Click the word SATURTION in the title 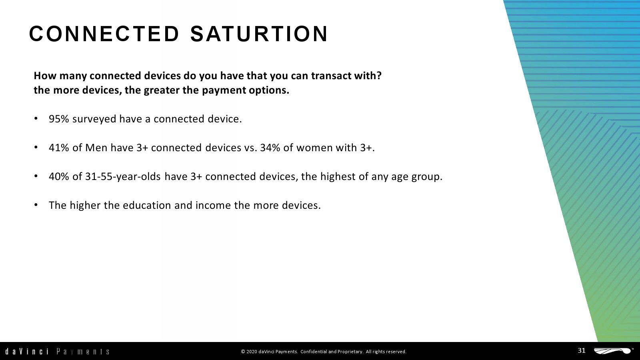[259, 34]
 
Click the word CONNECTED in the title [104, 34]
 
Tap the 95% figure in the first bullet [59, 119]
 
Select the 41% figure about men [59, 148]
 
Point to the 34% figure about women [270, 148]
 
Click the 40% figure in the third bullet [59, 176]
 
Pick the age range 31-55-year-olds [123, 176]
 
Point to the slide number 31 [582, 350]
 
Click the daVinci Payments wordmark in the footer [57, 351]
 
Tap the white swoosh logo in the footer [613, 351]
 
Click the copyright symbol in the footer [243, 352]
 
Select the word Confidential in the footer [314, 352]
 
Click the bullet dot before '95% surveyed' [36, 118]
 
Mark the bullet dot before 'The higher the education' [36, 204]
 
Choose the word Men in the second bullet [96, 148]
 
